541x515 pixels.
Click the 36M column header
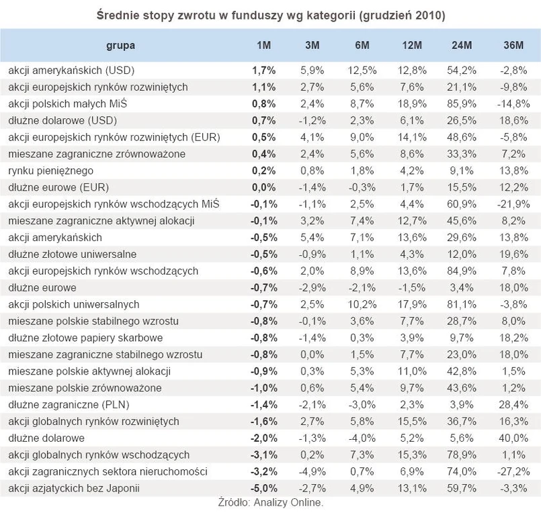tap(513, 45)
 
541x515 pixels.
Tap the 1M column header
tap(263, 45)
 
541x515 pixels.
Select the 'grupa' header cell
tap(120, 45)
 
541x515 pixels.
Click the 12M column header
tap(412, 45)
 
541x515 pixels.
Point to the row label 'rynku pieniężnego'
tap(50, 171)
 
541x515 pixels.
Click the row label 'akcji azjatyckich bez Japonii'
tap(73, 488)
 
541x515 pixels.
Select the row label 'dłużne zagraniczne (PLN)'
tap(70, 404)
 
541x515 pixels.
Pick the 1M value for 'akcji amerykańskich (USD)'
tap(263, 70)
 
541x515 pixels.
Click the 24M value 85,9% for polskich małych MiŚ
tap(462, 103)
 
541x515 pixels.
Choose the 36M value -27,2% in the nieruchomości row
tap(513, 471)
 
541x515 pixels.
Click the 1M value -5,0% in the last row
tap(263, 488)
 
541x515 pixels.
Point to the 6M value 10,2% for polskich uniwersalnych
tap(362, 304)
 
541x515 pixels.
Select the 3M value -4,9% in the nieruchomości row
tap(313, 471)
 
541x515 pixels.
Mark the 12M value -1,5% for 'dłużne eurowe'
tap(412, 287)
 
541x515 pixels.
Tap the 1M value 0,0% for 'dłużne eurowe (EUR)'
tap(263, 187)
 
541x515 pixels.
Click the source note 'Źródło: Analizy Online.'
tap(271, 502)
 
